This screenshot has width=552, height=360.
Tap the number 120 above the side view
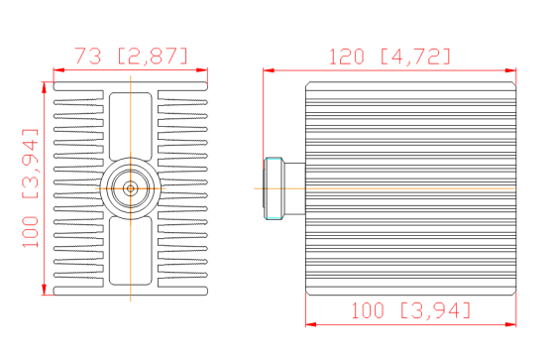pos(346,56)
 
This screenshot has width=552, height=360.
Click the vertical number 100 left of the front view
pos(29,234)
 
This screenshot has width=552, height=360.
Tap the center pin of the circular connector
pos(129,187)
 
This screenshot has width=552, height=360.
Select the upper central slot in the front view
pos(130,128)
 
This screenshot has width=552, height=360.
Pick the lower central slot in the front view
pos(130,248)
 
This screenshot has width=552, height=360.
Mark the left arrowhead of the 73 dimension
pos(57,70)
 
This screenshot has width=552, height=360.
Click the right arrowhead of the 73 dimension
pos(205,70)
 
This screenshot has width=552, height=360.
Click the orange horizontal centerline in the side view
pos(416,187)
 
